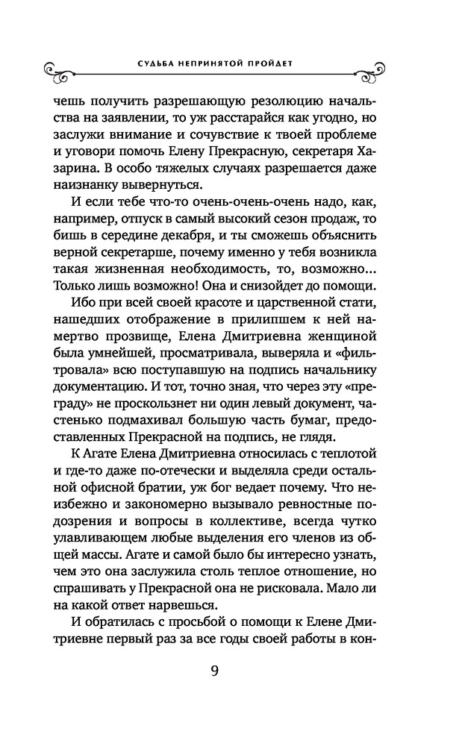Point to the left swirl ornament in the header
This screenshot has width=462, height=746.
(58, 72)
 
